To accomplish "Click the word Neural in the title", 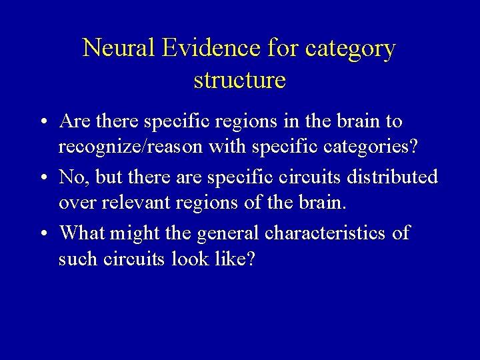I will click(x=117, y=49).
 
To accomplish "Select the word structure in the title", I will click(x=240, y=80).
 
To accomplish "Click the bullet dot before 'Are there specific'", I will click(x=42, y=122).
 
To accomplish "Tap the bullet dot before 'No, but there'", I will click(x=42, y=178).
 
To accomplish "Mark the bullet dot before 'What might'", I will click(x=42, y=234).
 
